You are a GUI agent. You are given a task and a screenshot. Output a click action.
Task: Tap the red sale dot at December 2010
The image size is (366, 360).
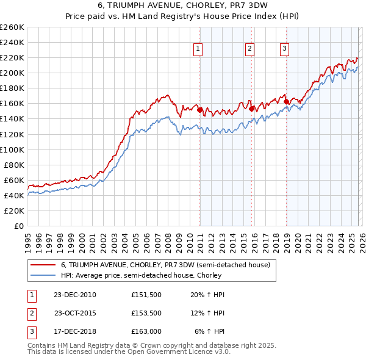[x=199, y=109]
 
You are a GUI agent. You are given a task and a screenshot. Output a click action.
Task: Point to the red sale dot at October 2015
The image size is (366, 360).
[x=251, y=108]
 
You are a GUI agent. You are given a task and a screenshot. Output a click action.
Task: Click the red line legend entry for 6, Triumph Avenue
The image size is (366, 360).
[x=152, y=265]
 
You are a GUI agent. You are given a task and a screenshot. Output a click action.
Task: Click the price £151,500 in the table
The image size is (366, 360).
[x=146, y=295]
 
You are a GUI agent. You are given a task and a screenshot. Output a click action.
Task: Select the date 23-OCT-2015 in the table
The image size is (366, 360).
[x=75, y=313]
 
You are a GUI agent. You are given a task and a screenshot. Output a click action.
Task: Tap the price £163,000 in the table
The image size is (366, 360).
[x=146, y=331]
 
